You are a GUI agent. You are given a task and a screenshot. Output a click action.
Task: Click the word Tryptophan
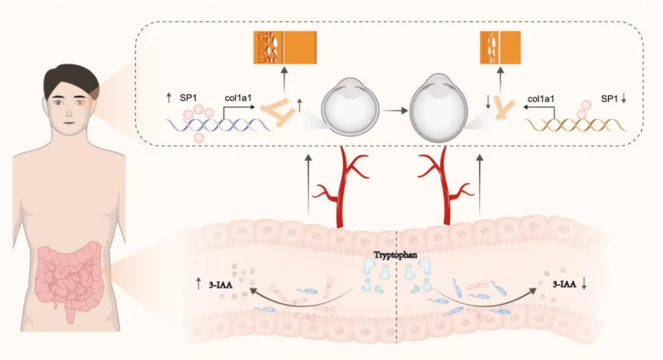[396, 255]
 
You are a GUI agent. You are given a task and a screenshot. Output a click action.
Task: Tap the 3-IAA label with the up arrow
[221, 284]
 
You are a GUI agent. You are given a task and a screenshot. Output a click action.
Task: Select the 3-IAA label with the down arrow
[564, 284]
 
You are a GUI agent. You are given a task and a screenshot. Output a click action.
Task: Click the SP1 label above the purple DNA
[189, 98]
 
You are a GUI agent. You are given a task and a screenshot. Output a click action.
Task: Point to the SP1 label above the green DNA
[609, 99]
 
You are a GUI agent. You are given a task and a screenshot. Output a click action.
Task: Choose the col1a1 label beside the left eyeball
[238, 98]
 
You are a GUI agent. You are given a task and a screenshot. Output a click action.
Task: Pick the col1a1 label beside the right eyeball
[541, 99]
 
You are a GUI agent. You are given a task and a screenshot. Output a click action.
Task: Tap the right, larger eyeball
[439, 107]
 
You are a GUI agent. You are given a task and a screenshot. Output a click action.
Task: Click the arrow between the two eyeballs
[395, 111]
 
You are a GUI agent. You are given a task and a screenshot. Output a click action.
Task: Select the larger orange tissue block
[285, 48]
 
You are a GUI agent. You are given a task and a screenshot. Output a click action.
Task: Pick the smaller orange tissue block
[500, 48]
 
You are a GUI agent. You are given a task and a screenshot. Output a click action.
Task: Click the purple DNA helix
[218, 125]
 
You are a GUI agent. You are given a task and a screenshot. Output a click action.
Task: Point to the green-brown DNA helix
[575, 125]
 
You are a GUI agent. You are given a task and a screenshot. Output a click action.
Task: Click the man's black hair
[71, 79]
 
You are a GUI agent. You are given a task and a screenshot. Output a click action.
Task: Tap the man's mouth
[70, 123]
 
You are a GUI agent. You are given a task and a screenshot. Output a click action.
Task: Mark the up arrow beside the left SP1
[169, 98]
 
